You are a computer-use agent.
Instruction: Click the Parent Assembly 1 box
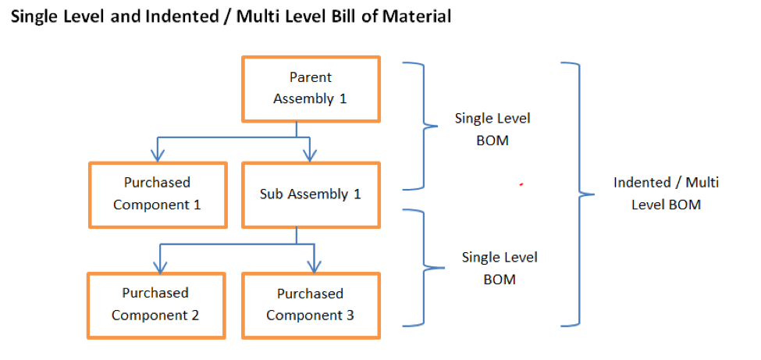click(x=311, y=88)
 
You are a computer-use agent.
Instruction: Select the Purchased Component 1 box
click(x=157, y=193)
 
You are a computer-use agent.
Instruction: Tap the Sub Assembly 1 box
click(x=311, y=194)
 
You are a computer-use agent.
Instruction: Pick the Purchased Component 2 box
click(x=155, y=304)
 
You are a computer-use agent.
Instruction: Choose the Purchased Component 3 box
click(x=311, y=305)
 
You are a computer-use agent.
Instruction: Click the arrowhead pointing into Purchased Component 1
click(x=158, y=155)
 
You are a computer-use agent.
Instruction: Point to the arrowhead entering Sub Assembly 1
click(x=311, y=155)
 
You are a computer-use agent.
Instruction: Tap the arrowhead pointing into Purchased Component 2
click(x=160, y=266)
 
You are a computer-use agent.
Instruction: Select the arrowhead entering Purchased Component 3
click(x=314, y=266)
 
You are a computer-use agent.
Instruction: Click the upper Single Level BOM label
click(x=493, y=128)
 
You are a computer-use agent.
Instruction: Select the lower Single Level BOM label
click(x=500, y=268)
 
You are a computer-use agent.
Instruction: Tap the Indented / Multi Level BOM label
click(x=666, y=193)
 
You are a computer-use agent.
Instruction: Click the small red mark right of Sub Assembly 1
click(x=521, y=185)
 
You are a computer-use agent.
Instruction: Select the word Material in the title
click(x=418, y=16)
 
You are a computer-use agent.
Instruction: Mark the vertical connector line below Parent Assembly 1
click(x=295, y=130)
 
